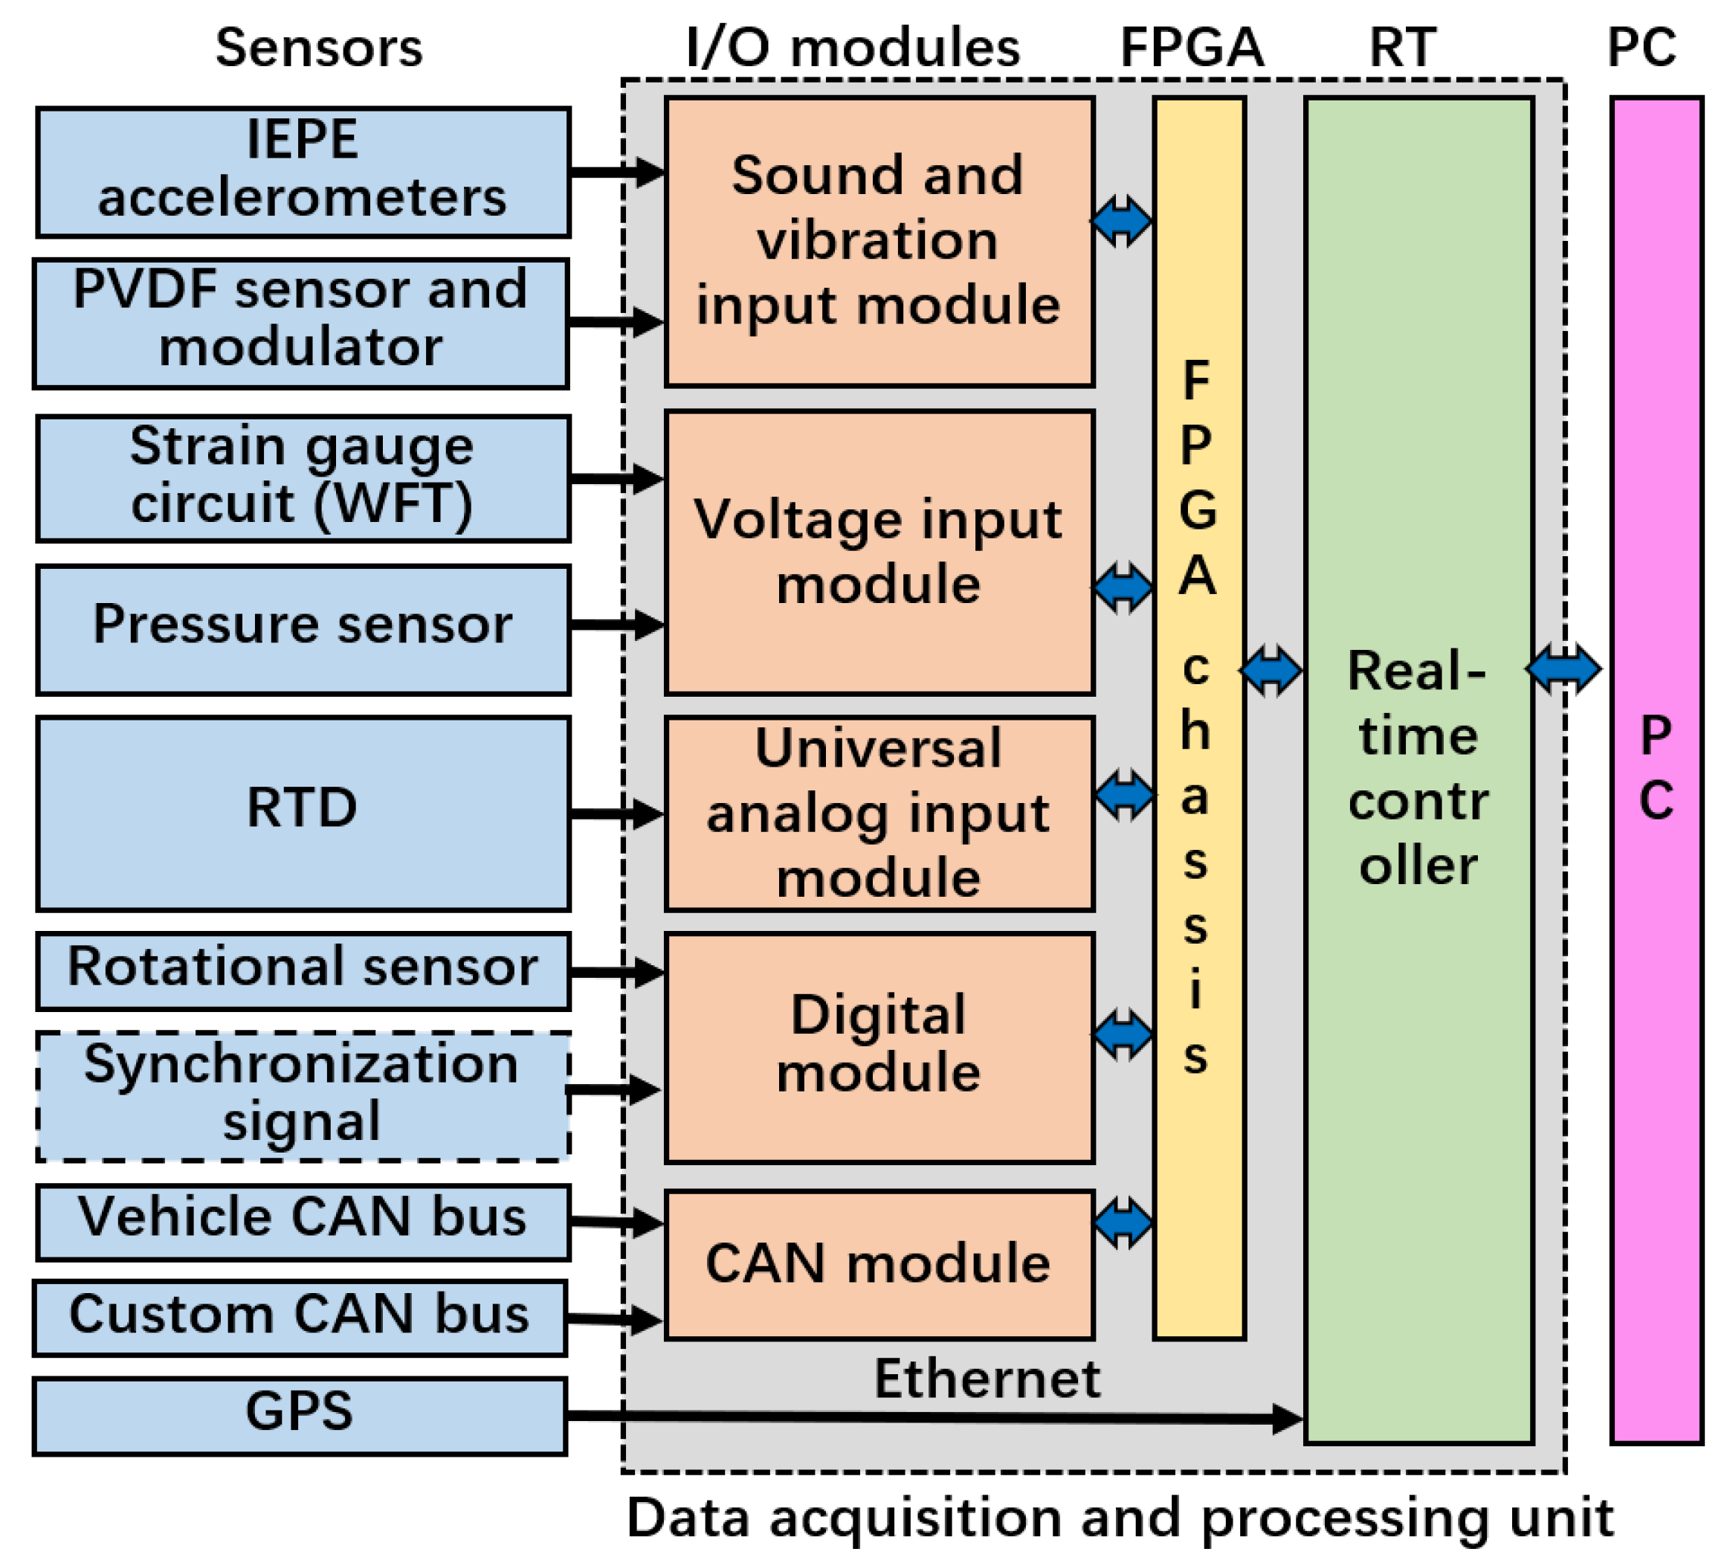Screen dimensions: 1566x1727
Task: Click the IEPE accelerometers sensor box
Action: [303, 171]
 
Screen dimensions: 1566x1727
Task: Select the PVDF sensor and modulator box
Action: [300, 323]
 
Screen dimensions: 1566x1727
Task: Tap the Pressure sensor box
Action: [303, 629]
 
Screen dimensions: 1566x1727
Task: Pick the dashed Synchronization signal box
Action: [303, 1096]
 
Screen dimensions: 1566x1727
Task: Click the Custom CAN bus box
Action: [299, 1318]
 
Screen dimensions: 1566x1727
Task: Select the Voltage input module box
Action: [879, 552]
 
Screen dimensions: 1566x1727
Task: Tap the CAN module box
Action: [879, 1263]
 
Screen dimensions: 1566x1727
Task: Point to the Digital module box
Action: [879, 1047]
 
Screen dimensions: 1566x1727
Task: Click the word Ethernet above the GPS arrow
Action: [987, 1379]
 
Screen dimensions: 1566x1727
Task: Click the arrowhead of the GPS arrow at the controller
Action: [1287, 1418]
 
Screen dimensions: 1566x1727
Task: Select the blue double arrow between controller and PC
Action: [1563, 668]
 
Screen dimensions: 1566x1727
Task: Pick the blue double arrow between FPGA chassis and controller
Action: [1271, 670]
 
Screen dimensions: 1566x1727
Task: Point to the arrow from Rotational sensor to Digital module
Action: [617, 971]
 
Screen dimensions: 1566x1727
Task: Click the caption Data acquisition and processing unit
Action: [1120, 1518]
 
